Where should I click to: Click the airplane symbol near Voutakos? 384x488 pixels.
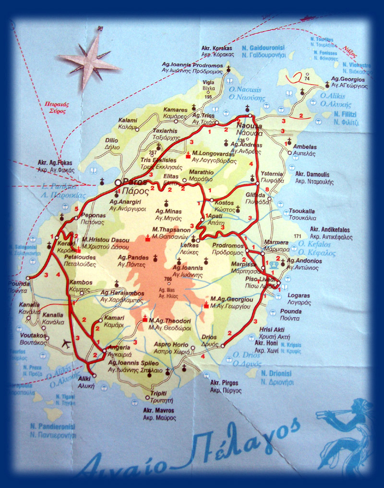tap(66, 344)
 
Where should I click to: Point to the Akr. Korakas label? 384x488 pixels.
tap(217, 49)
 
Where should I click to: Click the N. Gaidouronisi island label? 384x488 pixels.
tap(264, 49)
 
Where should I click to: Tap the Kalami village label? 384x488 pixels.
tap(128, 120)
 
